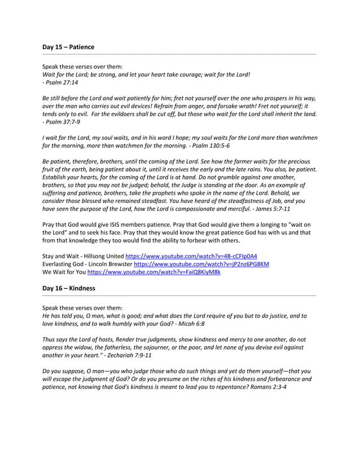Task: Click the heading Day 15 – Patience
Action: (x=68, y=47)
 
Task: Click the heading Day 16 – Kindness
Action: (x=69, y=288)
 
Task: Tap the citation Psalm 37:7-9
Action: (x=64, y=122)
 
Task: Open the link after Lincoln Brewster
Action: (x=201, y=264)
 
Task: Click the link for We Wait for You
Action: (x=153, y=272)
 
